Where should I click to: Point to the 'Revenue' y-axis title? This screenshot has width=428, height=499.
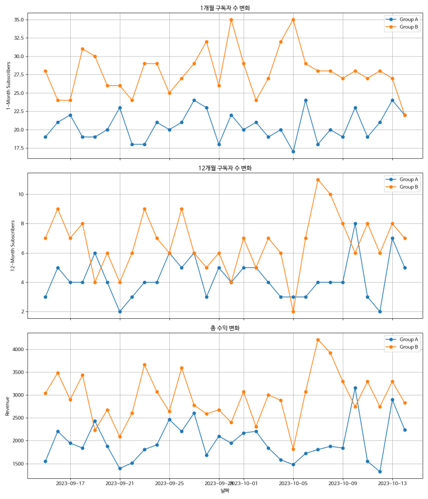point(7,405)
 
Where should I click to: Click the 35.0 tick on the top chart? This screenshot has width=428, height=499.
point(18,20)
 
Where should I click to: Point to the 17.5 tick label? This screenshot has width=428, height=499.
point(18,148)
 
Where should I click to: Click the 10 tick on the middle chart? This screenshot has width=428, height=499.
point(20,195)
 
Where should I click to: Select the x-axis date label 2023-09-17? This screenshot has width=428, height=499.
point(70,483)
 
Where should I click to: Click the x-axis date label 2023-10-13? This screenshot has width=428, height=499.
point(392,483)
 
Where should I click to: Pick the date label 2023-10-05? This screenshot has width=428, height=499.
point(293,483)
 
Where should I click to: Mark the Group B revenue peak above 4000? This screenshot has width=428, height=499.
point(318,340)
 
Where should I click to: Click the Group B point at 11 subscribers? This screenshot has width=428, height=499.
point(318,180)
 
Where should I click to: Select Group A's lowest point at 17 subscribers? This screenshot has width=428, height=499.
point(293,151)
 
